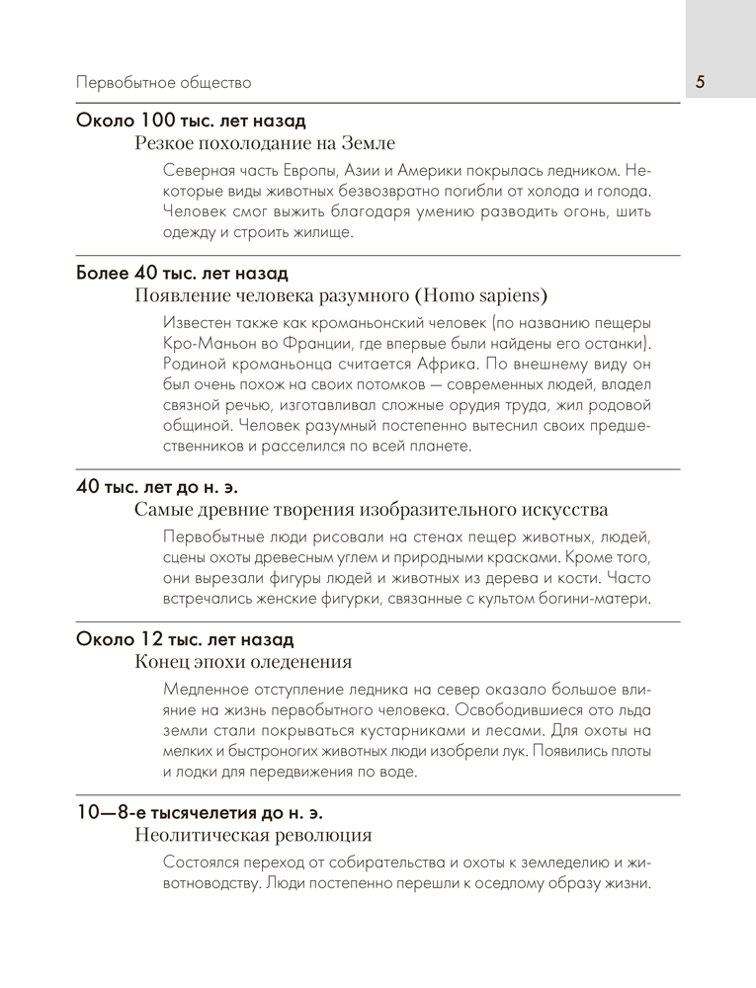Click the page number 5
pos(700,82)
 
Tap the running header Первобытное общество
pos(163,83)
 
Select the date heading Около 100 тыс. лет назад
pos(191,121)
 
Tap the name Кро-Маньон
pos(210,342)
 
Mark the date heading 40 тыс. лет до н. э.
pos(157,486)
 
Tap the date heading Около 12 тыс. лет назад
pos(185,638)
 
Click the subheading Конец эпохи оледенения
pos(243,662)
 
